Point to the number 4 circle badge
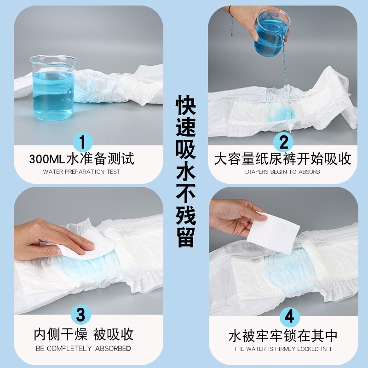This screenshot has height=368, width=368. [289, 316]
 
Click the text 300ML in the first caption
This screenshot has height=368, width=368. [47, 160]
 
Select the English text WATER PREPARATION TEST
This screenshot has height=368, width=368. [81, 172]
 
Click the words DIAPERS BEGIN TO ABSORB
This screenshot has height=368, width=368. [282, 172]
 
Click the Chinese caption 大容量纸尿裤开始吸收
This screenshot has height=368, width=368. [282, 160]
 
